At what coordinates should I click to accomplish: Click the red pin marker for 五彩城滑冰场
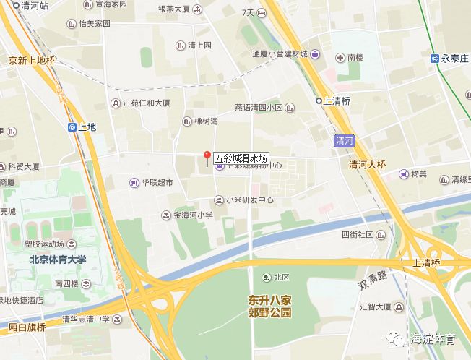207,155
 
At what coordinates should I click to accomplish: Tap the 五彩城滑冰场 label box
241,158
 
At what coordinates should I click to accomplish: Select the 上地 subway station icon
72,127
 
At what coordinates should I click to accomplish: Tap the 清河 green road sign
346,141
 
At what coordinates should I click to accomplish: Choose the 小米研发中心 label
249,200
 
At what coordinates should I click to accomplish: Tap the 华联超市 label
157,183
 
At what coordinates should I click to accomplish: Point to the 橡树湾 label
200,121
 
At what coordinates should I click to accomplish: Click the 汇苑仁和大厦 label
146,103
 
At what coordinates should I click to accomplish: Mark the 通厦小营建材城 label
280,54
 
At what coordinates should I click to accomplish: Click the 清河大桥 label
368,164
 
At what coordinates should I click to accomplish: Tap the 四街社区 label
357,235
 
